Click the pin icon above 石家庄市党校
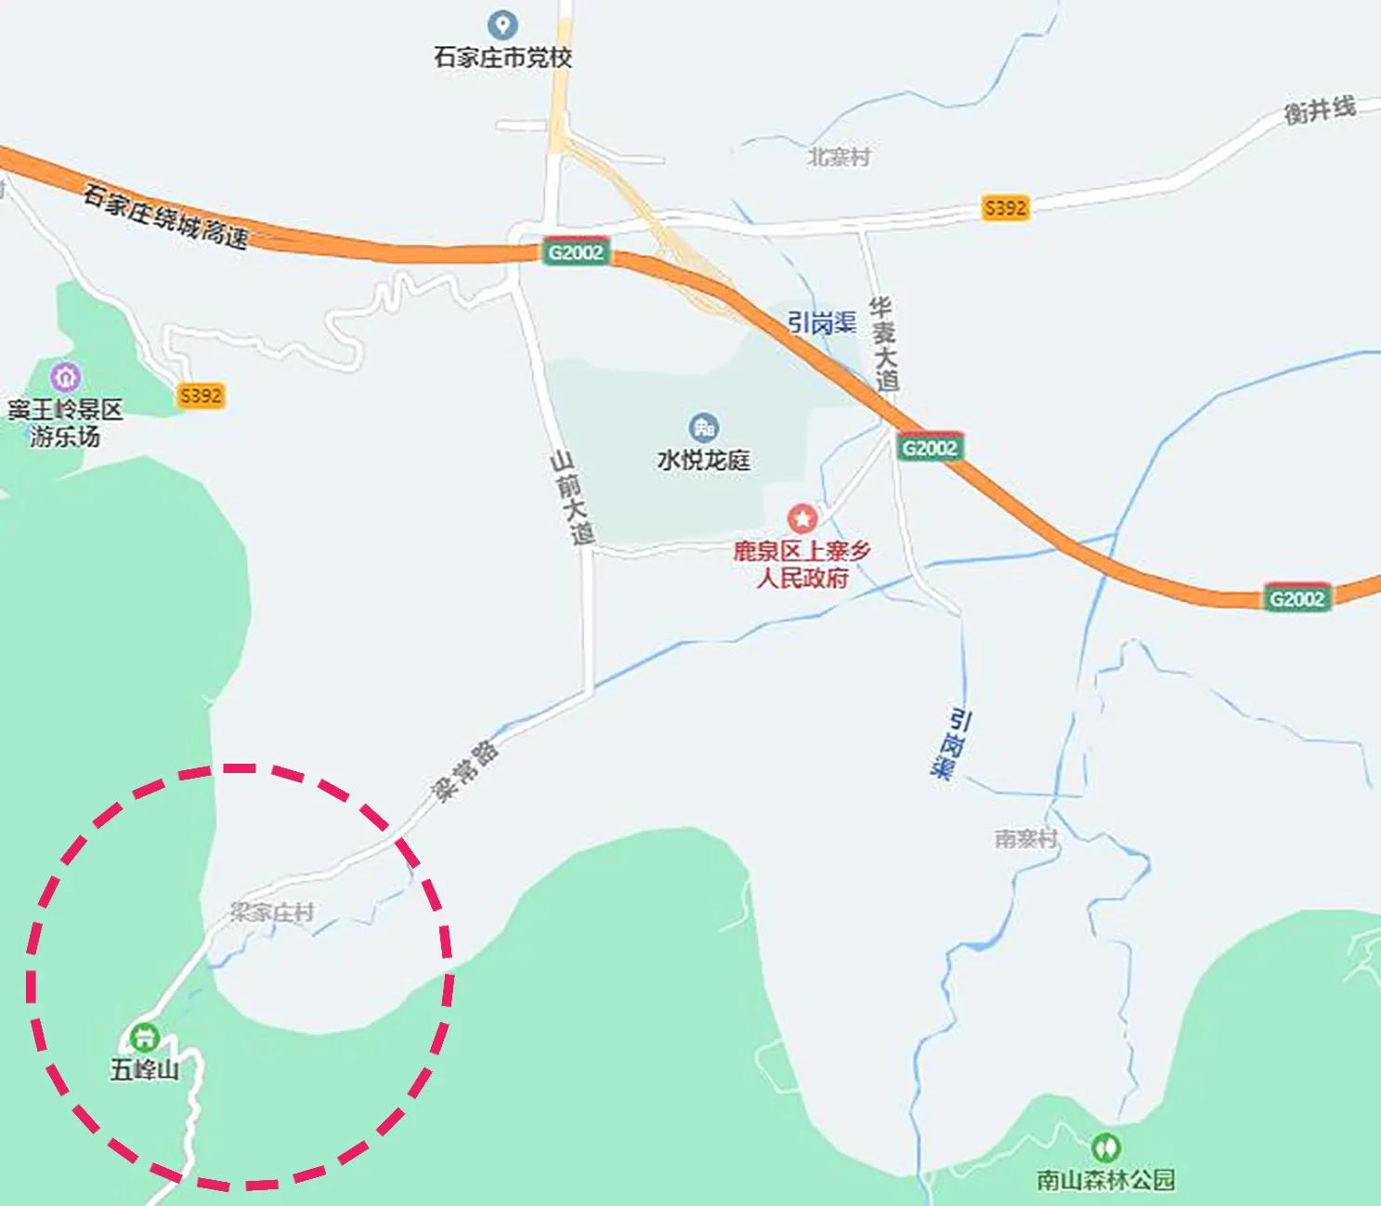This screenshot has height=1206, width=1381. (x=502, y=24)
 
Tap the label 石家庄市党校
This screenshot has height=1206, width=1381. (x=502, y=58)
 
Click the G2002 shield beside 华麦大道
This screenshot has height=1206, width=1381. (x=930, y=448)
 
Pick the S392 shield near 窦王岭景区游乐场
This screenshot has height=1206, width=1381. (x=201, y=396)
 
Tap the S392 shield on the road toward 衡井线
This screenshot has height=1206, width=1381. (x=1006, y=207)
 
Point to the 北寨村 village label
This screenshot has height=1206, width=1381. (x=839, y=157)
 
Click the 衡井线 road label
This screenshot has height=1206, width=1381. (x=1319, y=111)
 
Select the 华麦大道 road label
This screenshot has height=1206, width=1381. (x=884, y=344)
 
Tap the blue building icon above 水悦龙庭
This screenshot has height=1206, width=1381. (x=704, y=428)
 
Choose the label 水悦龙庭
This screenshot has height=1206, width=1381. (x=704, y=460)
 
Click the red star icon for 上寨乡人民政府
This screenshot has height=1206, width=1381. (x=802, y=518)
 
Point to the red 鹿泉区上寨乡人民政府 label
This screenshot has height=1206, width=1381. (x=802, y=564)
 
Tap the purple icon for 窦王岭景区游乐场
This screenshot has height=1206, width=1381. (x=66, y=378)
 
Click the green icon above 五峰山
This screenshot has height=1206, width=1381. (x=144, y=1036)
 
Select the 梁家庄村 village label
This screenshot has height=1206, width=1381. (x=272, y=912)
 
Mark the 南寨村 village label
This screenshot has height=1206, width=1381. (x=1026, y=838)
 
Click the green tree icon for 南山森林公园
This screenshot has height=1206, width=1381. (x=1105, y=1147)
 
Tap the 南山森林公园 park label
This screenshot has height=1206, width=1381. (x=1105, y=1180)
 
